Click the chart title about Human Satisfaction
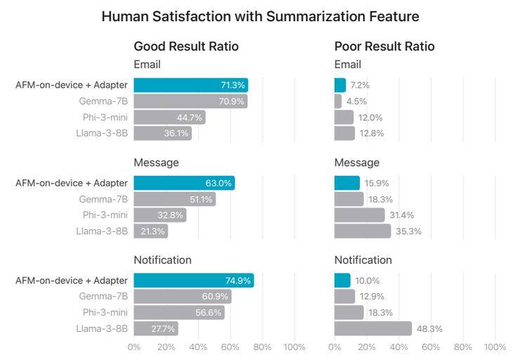tap(260, 15)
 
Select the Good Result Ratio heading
tap(186, 46)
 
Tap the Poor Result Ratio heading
tap(384, 46)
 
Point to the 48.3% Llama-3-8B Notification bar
tap(372, 328)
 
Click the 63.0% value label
tap(218, 184)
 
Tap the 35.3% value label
tap(408, 231)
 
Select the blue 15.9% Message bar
tap(346, 184)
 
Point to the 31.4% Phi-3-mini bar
tap(359, 215)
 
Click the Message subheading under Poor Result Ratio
tap(356, 162)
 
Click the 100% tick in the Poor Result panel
tap(495, 347)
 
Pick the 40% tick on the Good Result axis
tap(198, 347)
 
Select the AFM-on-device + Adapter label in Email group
tap(72, 85)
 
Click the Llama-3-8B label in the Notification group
tap(102, 328)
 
